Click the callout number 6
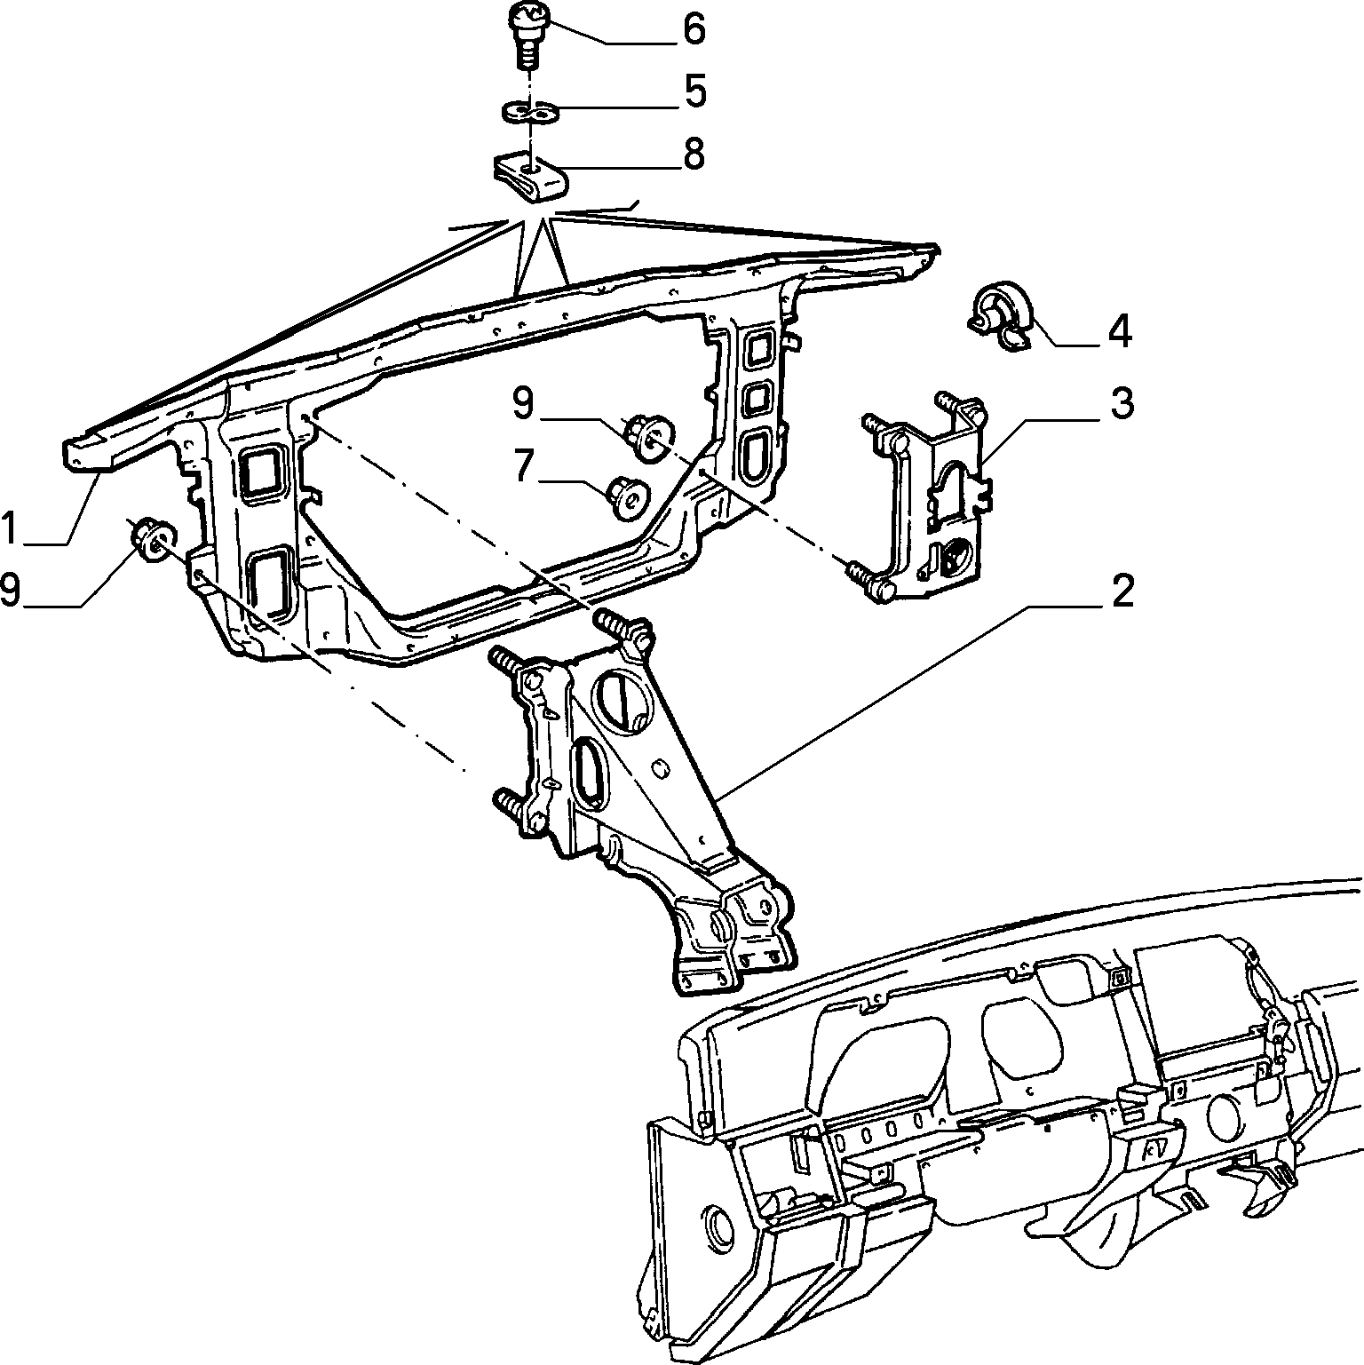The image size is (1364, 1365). [693, 28]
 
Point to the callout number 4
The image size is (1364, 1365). [1119, 333]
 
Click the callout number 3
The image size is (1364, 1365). [1122, 404]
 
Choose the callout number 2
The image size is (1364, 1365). [1122, 591]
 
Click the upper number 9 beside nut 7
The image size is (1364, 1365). [524, 403]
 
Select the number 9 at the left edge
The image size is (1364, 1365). [11, 591]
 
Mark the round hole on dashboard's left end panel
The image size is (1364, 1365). [718, 1224]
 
